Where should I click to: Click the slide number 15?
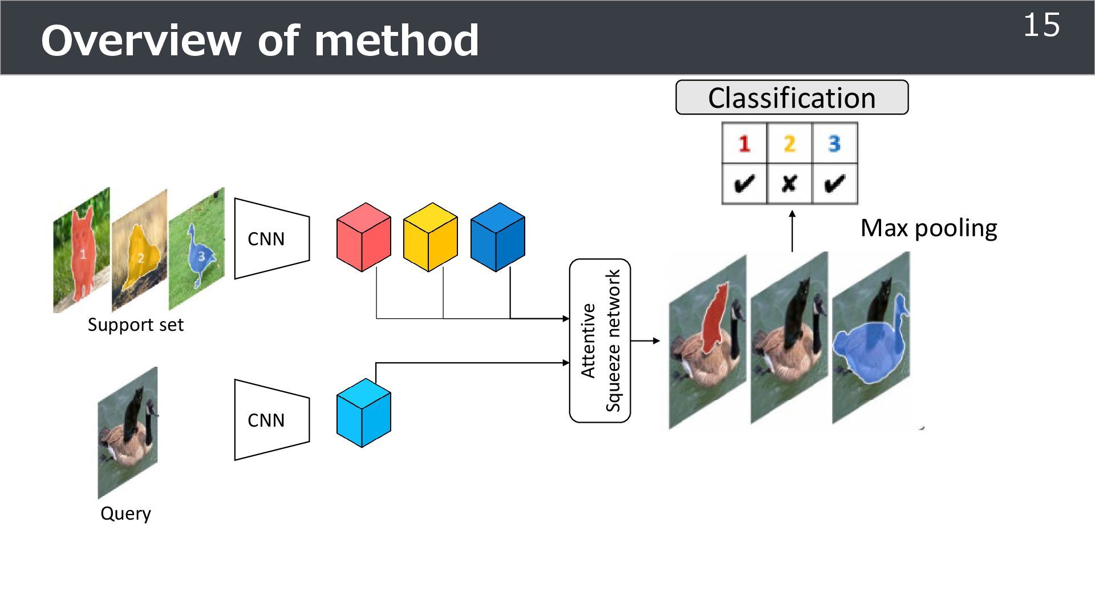click(x=1041, y=26)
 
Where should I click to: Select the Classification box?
click(x=792, y=98)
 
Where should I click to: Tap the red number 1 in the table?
click(x=744, y=143)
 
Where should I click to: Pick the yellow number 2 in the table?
click(x=789, y=143)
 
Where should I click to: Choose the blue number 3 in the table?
click(x=834, y=143)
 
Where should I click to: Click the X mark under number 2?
click(x=789, y=184)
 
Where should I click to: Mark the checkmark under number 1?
click(x=744, y=184)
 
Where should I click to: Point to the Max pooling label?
click(x=928, y=228)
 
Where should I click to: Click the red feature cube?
click(x=364, y=237)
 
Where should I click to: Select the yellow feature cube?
click(x=431, y=237)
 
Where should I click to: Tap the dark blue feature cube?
click(x=497, y=237)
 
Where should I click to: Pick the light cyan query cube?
click(x=364, y=413)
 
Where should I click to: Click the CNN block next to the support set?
click(x=271, y=238)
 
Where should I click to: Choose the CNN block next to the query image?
click(x=271, y=420)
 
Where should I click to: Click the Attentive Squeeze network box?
click(x=600, y=341)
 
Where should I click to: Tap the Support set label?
click(x=136, y=325)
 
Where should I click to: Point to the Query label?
click(x=125, y=513)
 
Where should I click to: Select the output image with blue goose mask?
click(x=871, y=339)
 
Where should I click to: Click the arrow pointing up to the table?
click(x=792, y=231)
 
